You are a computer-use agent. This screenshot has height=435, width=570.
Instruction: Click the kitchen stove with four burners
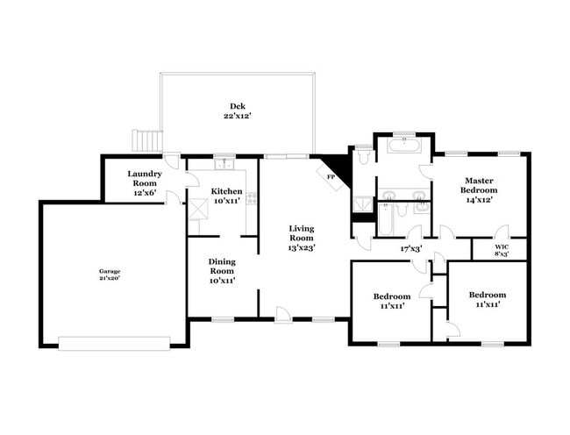252,198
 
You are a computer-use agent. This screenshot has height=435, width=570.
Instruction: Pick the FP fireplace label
331,177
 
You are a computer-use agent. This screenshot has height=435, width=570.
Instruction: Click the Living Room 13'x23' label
302,238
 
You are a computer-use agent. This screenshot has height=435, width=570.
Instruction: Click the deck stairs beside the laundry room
147,140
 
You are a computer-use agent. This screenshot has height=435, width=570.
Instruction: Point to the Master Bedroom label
480,189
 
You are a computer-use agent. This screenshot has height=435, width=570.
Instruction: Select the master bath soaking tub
403,146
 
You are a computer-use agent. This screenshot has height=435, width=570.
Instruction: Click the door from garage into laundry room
174,197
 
